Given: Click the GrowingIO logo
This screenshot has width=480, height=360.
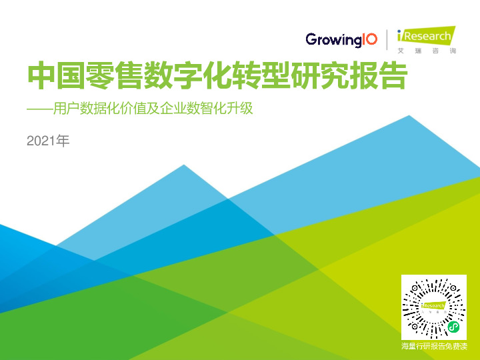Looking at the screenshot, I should click(341, 39).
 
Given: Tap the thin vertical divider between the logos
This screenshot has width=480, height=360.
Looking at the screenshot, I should click(387, 39).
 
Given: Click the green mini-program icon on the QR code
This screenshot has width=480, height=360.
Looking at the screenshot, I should click(453, 327).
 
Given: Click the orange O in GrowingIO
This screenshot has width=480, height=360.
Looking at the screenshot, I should click(371, 39).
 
